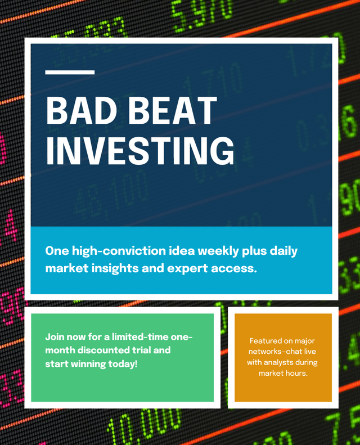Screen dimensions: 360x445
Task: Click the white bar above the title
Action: coord(70,73)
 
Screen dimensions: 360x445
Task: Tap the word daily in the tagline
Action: coord(283,251)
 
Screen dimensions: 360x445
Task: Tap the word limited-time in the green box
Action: coord(141,337)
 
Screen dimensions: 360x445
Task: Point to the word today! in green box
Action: coord(123,364)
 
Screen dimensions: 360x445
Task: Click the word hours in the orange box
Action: coord(299,373)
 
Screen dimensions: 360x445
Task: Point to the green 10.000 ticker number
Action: coord(145,426)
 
